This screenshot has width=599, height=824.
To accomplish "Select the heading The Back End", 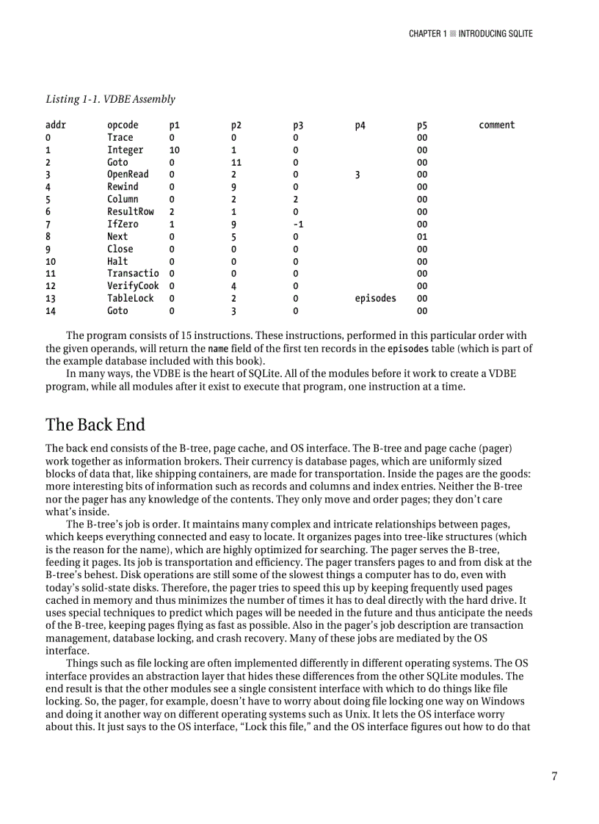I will (x=95, y=425).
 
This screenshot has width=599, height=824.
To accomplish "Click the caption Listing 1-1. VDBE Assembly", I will (x=110, y=99).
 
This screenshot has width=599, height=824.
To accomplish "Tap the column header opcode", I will (x=123, y=125).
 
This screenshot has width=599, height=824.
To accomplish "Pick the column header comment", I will (x=497, y=125).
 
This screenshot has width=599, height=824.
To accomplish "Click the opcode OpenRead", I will (x=128, y=175).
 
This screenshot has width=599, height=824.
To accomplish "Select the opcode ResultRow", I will (x=131, y=212).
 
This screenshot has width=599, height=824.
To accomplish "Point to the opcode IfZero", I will (x=123, y=225).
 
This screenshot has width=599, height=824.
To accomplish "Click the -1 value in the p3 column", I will (x=298, y=225).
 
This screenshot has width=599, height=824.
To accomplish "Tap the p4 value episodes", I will (x=375, y=299).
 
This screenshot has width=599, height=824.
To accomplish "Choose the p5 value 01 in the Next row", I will (x=422, y=237).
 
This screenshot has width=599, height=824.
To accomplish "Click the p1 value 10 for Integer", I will (x=175, y=150).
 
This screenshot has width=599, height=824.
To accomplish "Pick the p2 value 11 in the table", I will (x=236, y=163).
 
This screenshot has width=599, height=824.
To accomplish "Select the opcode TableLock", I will (x=131, y=299).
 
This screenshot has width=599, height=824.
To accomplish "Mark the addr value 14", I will (x=51, y=311).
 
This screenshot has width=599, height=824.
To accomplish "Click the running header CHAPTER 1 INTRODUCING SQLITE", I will (x=471, y=34).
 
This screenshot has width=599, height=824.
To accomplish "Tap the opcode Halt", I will (x=117, y=262).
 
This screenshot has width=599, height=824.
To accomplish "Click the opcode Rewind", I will (x=123, y=187).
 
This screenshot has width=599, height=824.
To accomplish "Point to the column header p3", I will (x=298, y=125).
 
